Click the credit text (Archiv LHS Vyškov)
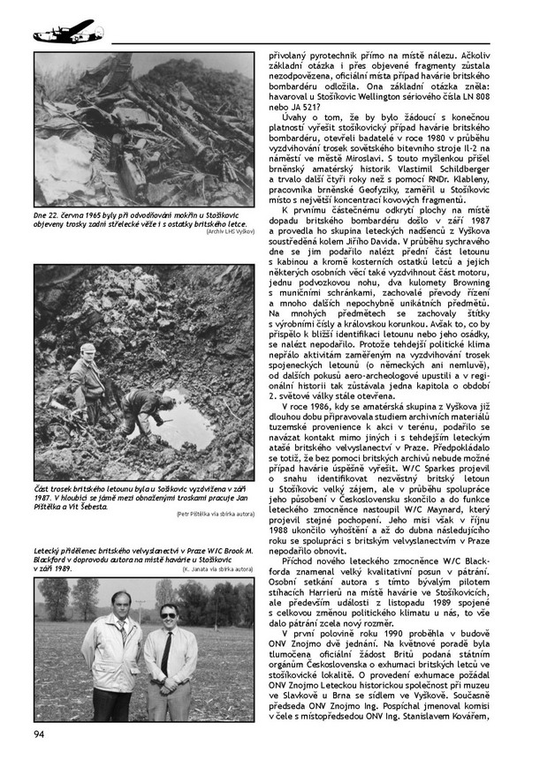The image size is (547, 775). (x=229, y=231)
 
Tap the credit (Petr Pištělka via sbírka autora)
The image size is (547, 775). (x=215, y=513)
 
